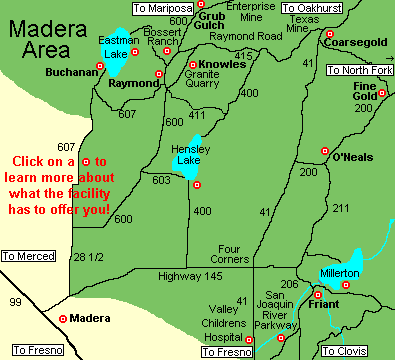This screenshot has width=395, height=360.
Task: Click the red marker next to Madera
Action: coord(64,319)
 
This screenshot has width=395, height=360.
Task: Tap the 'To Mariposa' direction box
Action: coord(161,8)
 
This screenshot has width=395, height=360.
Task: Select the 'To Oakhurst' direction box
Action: coord(311,8)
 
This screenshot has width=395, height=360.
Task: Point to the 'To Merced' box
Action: coord(28,257)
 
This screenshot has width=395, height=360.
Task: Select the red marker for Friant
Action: coord(317,295)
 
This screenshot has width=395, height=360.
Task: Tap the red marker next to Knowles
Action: coord(193,65)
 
